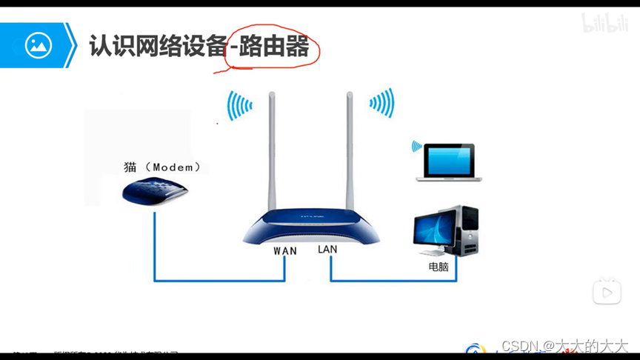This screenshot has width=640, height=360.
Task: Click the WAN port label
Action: click(285, 251)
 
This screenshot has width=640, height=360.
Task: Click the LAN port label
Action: click(327, 250)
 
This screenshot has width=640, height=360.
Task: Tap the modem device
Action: click(155, 192)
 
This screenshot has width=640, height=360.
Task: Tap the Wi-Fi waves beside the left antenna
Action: click(239, 105)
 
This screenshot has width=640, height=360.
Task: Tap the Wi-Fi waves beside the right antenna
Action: click(381, 103)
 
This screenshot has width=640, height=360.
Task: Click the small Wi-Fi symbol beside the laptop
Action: click(417, 146)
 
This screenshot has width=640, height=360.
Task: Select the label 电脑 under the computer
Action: click(439, 267)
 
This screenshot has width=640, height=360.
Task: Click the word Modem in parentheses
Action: click(176, 167)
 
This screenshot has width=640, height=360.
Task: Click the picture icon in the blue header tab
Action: click(38, 46)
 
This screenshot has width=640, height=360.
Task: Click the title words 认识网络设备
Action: click(157, 47)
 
